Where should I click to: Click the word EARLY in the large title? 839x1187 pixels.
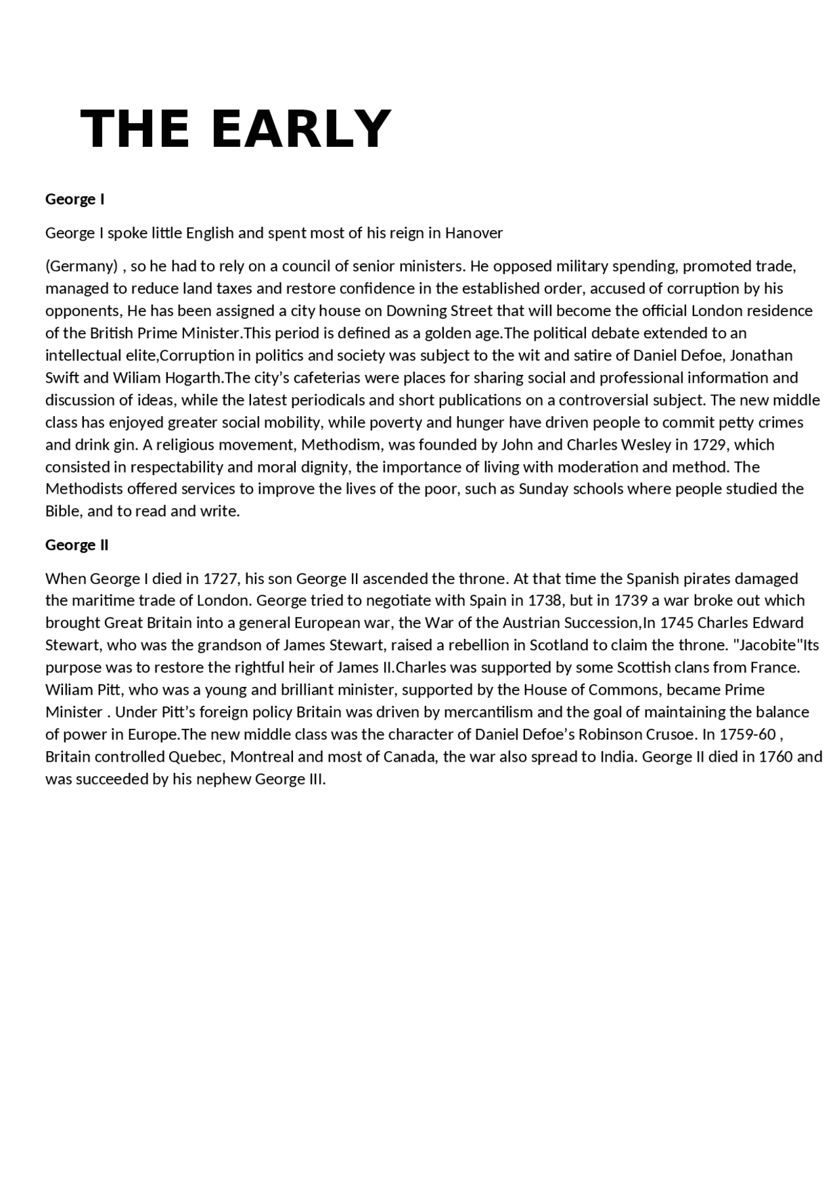pyautogui.click(x=302, y=128)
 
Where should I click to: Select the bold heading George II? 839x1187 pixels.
pyautogui.click(x=77, y=545)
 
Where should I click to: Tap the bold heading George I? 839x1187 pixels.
pyautogui.click(x=75, y=199)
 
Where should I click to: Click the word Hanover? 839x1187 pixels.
pyautogui.click(x=474, y=233)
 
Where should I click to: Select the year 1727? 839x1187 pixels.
pyautogui.click(x=220, y=579)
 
